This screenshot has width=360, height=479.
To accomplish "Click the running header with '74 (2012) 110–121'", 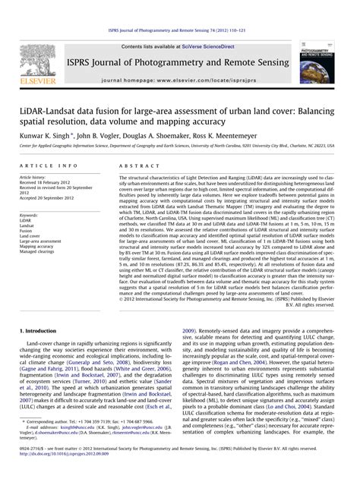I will [x=180, y=7].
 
